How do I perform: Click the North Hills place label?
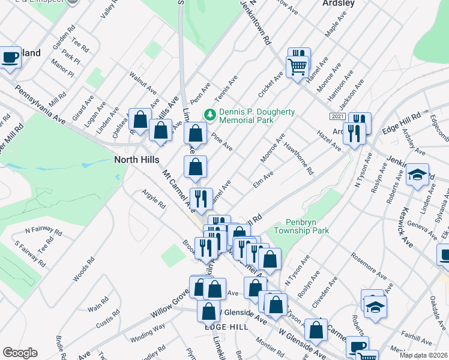(x=137, y=160)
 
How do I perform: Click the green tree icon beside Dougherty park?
(x=210, y=113)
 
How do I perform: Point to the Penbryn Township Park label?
(x=299, y=226)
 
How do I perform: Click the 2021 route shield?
(x=337, y=116)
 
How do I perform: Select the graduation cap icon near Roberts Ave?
(x=418, y=175)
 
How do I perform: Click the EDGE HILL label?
(x=226, y=326)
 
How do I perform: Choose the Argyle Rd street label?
(x=153, y=199)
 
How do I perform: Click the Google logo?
(x=20, y=353)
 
